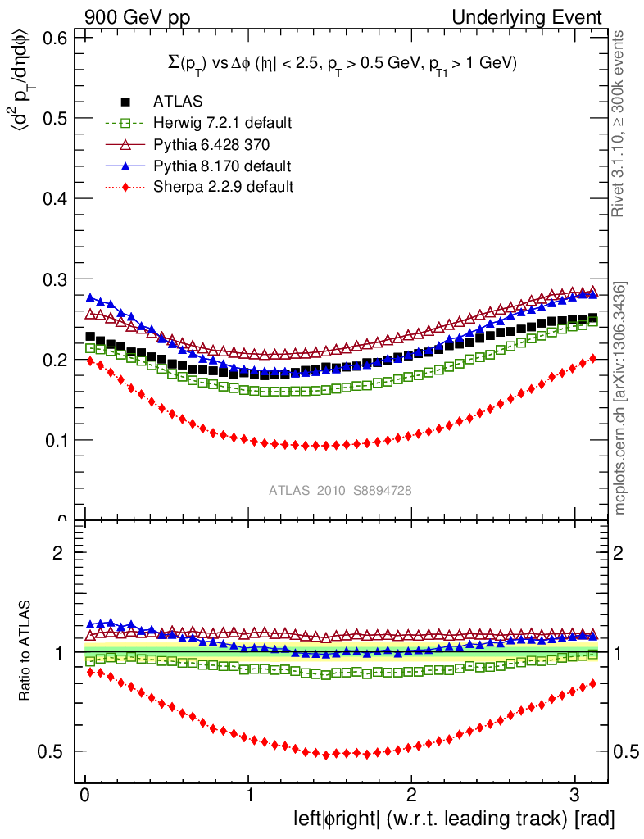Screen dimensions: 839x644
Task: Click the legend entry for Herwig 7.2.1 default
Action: click(222, 123)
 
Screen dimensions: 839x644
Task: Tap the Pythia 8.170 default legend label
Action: click(221, 166)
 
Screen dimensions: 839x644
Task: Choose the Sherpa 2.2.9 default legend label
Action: click(223, 187)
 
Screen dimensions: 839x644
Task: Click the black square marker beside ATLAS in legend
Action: click(126, 102)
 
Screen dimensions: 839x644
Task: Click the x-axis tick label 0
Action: click(85, 796)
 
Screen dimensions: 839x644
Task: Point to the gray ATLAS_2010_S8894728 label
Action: click(340, 491)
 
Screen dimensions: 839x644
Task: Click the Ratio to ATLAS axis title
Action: click(27, 651)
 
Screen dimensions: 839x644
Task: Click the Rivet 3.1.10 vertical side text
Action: click(621, 123)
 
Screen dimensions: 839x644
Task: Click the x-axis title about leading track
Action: click(453, 819)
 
